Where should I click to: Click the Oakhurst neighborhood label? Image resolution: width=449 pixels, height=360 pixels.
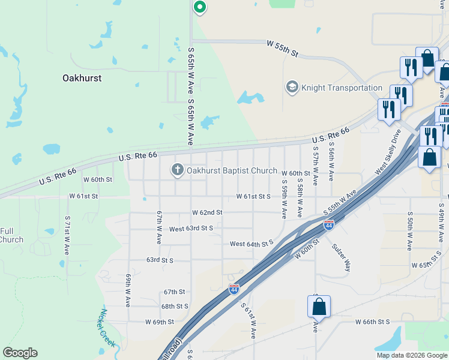point(82,78)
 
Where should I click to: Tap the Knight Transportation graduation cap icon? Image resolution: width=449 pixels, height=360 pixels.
point(292,88)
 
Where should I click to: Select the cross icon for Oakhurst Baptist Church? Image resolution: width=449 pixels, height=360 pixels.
point(177,170)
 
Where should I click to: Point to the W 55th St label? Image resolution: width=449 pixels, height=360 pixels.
point(282,48)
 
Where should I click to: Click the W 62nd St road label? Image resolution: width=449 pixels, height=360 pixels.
point(207,212)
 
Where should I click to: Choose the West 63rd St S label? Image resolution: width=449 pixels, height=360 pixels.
point(191,229)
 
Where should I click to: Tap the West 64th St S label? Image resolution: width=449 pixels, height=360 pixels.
point(252,244)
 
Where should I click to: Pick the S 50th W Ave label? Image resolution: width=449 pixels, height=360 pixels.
point(409,231)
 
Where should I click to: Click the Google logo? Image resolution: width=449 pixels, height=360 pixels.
point(20,353)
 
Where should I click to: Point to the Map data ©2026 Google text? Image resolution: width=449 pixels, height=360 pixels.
point(412,355)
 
